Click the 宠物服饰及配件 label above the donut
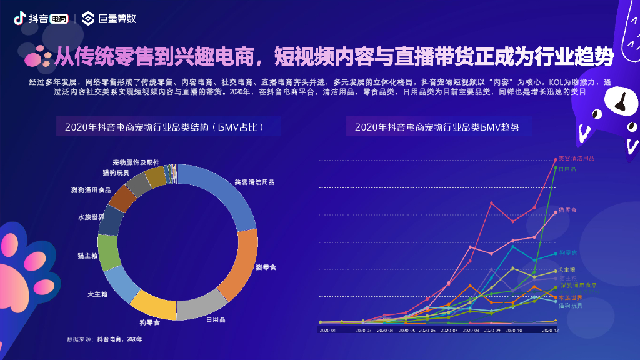[x=136, y=162]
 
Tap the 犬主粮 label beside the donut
[x=97, y=293]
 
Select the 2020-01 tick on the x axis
[x=327, y=329]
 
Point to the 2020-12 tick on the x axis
[x=550, y=329]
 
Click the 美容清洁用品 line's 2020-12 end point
[x=555, y=159]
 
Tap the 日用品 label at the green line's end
[x=567, y=169]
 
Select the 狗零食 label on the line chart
[x=567, y=252]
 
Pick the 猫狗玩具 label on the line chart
[x=570, y=306]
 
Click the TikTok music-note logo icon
[x=19, y=18]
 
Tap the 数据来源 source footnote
[x=105, y=339]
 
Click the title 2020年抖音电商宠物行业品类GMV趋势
[x=436, y=127]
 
